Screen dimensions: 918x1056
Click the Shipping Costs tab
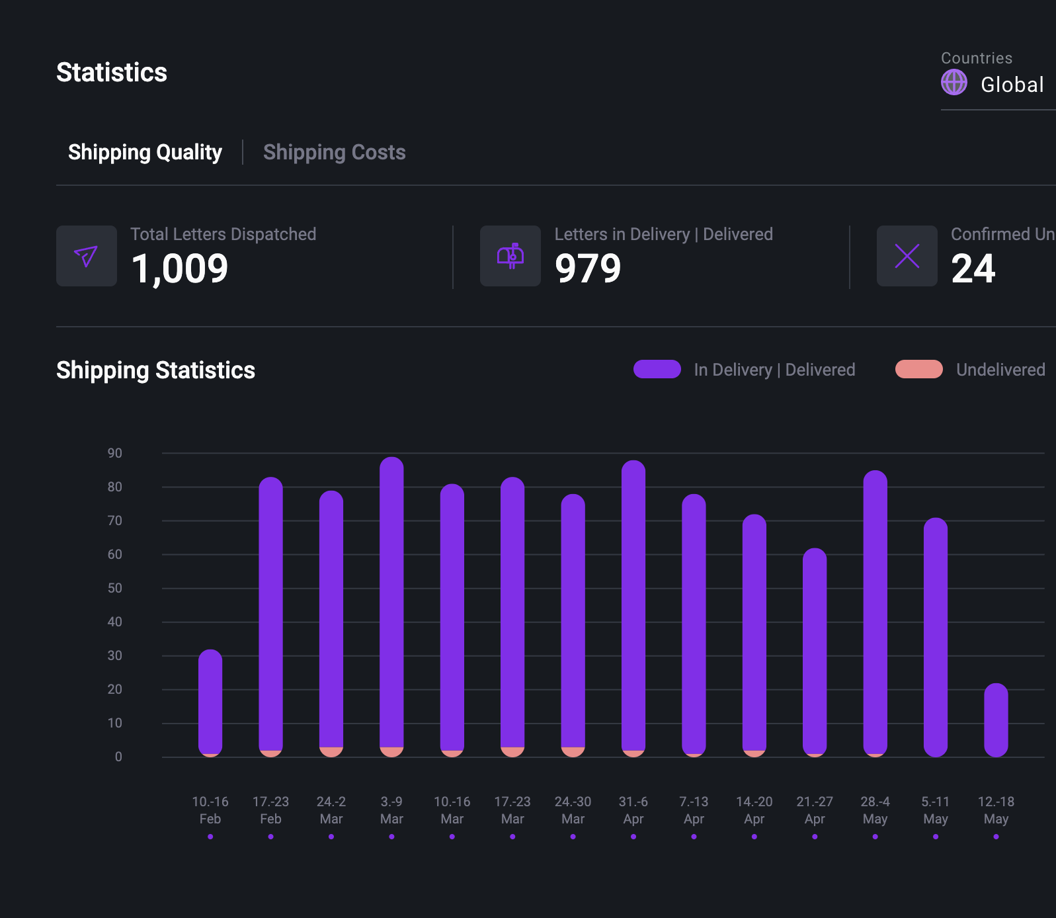[334, 152]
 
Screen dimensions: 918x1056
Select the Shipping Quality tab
[145, 152]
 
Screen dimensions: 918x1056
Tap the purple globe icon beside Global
[954, 83]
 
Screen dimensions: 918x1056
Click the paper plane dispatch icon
[87, 256]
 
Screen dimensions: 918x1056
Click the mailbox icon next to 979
[510, 256]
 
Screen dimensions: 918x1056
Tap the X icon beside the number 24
[907, 256]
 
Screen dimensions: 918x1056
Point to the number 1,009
[180, 269]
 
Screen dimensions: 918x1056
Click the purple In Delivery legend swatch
[657, 369]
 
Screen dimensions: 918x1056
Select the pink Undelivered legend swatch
[918, 369]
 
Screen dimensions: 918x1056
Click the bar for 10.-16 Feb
[210, 701]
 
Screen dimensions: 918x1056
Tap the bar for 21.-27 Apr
[815, 651]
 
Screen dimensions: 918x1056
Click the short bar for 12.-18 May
[996, 720]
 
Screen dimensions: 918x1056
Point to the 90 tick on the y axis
[115, 453]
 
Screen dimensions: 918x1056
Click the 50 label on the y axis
[115, 588]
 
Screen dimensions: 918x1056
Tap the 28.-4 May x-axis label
[875, 810]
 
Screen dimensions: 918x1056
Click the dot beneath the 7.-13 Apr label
[694, 837]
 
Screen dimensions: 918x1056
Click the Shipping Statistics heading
[155, 370]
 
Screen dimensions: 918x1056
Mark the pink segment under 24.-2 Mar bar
[331, 752]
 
